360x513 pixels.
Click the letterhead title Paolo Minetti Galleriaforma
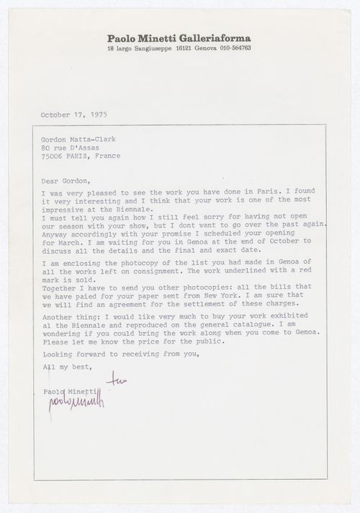(179, 38)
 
